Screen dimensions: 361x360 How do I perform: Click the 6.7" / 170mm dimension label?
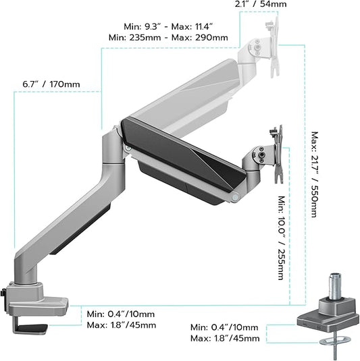click(51, 84)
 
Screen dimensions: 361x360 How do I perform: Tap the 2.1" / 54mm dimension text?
click(260, 5)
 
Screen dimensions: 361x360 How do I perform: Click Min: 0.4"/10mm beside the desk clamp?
click(122, 314)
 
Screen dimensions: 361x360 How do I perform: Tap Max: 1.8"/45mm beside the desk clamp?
click(122, 325)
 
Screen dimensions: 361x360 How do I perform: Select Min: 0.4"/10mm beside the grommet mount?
click(224, 327)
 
